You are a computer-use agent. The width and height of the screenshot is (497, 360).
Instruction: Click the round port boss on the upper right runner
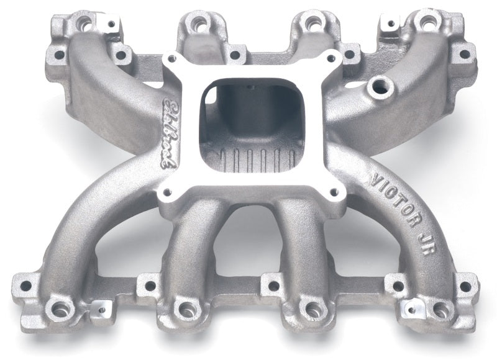tap(378, 88)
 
